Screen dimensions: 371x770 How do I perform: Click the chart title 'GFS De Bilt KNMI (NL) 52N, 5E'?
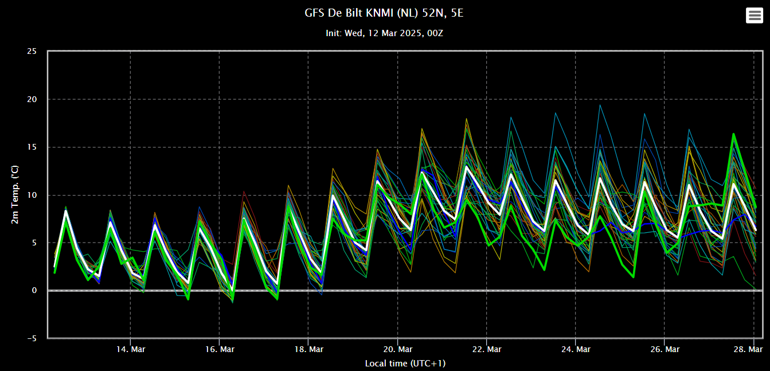[384, 13]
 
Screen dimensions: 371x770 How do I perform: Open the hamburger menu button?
[755, 15]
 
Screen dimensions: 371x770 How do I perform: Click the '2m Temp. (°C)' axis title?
[15, 195]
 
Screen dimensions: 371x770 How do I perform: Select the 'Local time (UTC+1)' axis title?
[405, 364]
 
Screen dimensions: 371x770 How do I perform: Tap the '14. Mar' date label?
[130, 349]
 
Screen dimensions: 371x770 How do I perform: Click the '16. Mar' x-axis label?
[219, 349]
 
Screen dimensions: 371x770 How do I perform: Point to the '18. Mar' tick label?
[308, 349]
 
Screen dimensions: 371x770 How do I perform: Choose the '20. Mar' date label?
[397, 349]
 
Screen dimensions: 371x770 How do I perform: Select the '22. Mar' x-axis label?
[486, 349]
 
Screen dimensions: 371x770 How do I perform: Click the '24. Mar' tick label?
[575, 349]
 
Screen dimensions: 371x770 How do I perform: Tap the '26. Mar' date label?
[665, 349]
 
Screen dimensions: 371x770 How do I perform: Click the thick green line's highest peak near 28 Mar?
[733, 134]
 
